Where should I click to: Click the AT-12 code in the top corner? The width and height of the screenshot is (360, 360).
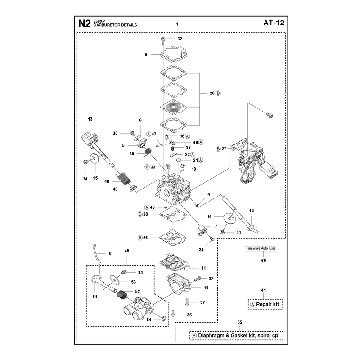coord(274,23)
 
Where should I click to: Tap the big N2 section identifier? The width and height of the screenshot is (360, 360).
coord(84,23)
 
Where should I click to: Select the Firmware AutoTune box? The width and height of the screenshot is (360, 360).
coord(261,248)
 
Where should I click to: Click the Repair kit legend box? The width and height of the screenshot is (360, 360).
coord(265,304)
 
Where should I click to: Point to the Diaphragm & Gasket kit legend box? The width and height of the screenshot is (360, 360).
coord(237,335)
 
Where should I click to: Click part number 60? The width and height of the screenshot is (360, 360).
coord(264,261)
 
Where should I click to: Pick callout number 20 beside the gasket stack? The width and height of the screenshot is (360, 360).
coord(212,93)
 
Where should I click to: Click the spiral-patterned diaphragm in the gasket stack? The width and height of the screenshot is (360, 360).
coord(174,108)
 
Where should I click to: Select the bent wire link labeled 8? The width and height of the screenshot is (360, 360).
coord(97,254)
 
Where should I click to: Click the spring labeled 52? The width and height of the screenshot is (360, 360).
coord(122,295)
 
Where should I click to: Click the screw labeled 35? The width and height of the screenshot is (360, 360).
coord(173,313)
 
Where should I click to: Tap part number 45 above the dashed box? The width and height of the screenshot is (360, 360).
coord(127,251)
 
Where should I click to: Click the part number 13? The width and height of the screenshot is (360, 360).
coord(90,119)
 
